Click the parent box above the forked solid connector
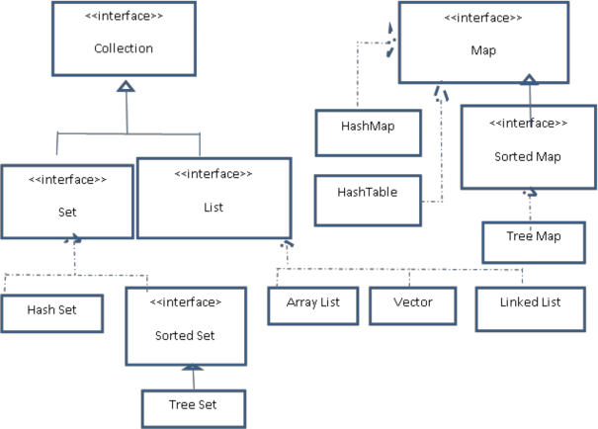124,39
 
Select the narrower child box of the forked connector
66,202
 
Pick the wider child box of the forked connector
214,198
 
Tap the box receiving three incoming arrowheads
483,42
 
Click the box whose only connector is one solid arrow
194,408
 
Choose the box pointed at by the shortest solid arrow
186,326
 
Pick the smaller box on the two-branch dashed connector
52,313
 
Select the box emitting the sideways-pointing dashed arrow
368,132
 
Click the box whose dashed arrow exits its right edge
368,201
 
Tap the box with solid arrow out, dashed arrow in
529,146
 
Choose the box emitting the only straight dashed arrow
534,242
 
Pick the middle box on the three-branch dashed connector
413,306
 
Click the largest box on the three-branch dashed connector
531,309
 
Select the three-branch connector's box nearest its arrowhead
312,306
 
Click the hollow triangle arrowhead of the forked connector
126,87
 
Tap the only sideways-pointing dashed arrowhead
391,43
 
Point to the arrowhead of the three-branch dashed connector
287,243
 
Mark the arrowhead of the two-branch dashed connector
74,240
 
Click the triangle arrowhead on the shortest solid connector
193,368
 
